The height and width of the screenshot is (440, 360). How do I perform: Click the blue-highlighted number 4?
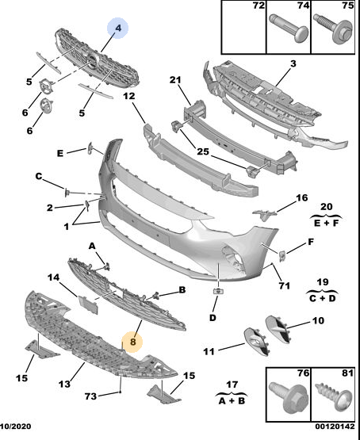pyautogui.click(x=118, y=28)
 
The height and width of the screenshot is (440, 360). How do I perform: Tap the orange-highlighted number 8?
pyautogui.click(x=132, y=342)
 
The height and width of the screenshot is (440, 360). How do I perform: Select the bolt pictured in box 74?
pyautogui.click(x=289, y=29)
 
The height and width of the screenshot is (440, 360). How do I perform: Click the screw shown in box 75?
pyautogui.click(x=333, y=29)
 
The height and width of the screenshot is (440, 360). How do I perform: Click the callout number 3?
pyautogui.click(x=293, y=64)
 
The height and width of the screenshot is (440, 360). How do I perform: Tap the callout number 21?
pyautogui.click(x=175, y=80)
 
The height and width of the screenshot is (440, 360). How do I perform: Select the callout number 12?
pyautogui.click(x=129, y=96)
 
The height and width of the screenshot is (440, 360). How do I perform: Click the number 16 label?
pyautogui.click(x=301, y=198)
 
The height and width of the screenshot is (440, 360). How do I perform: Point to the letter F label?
pyautogui.click(x=311, y=242)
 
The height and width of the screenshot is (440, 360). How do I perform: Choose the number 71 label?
pyautogui.click(x=284, y=286)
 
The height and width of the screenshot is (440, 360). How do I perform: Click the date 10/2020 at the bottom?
pyautogui.click(x=16, y=427)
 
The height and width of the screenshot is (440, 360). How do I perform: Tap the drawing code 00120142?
pyautogui.click(x=335, y=427)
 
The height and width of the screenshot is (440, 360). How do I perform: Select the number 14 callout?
pyautogui.click(x=54, y=277)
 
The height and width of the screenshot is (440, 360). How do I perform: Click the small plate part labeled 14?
pyautogui.click(x=88, y=304)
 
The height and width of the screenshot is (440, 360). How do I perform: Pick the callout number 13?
pyautogui.click(x=64, y=384)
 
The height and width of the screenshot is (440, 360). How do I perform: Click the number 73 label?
pyautogui.click(x=90, y=396)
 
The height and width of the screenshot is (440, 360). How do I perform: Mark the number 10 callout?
pyautogui.click(x=318, y=320)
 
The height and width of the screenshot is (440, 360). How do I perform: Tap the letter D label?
pyautogui.click(x=213, y=318)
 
